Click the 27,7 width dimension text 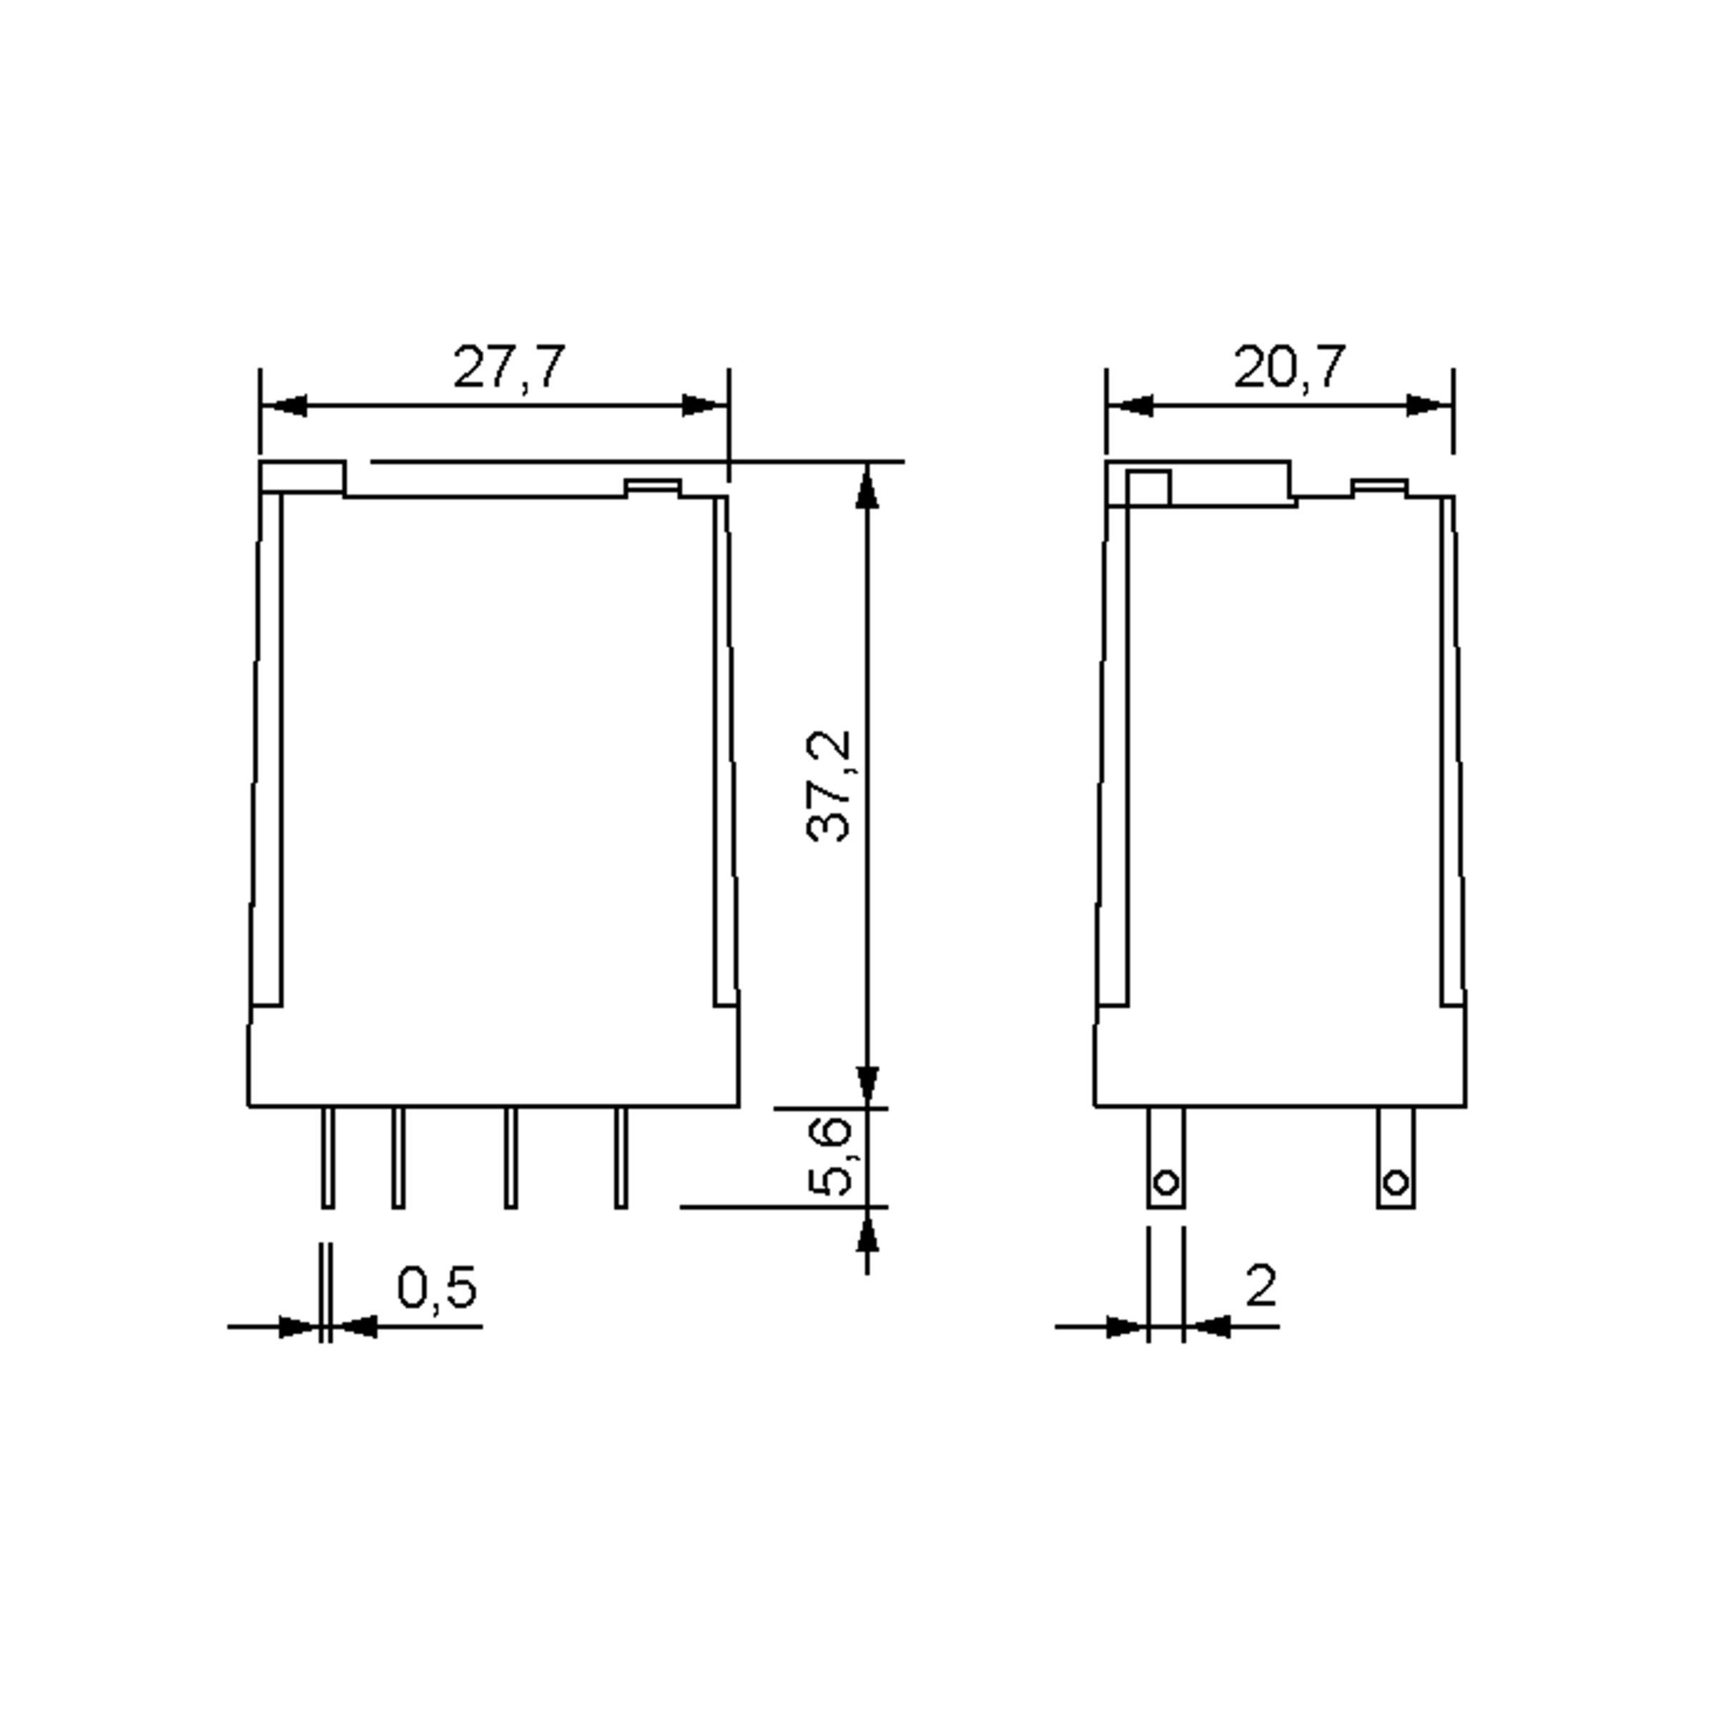coord(508,367)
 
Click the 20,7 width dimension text coord(1288,367)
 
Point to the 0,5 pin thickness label coord(436,1288)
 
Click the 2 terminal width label coord(1261,1286)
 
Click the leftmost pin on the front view coord(327,1158)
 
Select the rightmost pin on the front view coord(621,1158)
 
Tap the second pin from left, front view coord(399,1158)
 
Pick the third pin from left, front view coord(511,1158)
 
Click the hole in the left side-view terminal coord(1166,1182)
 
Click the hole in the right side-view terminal coord(1396,1182)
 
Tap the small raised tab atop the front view coord(653,487)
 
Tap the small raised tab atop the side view coord(1379,487)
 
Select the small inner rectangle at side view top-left coord(1148,488)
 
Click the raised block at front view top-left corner coord(302,477)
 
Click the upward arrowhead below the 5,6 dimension coord(867,1232)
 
